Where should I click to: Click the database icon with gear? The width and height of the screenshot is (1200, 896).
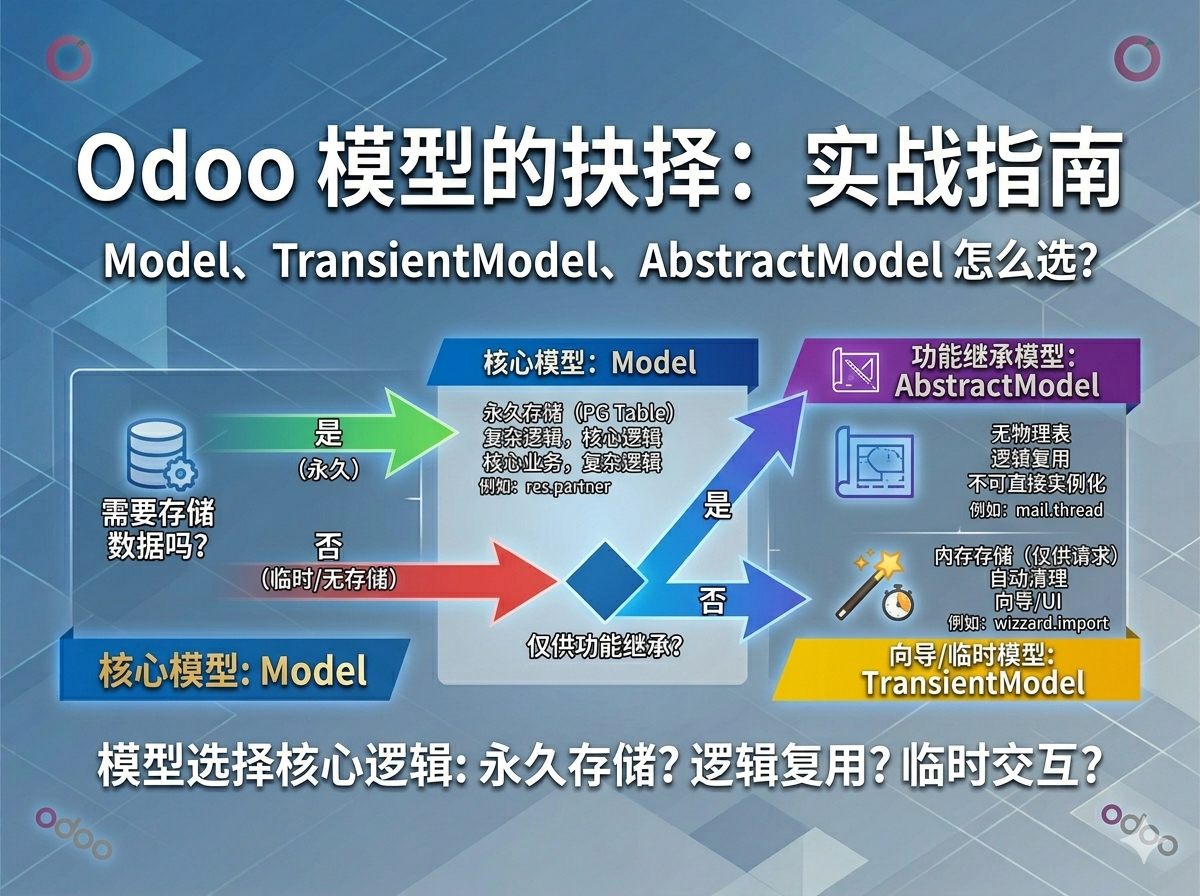point(159,455)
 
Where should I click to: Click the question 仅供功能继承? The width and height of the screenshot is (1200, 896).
point(604,647)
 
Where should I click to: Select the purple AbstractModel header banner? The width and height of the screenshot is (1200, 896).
point(965,371)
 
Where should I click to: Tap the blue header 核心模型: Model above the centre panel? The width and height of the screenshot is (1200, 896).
point(590,362)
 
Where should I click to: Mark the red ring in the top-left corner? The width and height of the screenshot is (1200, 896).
point(68,59)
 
